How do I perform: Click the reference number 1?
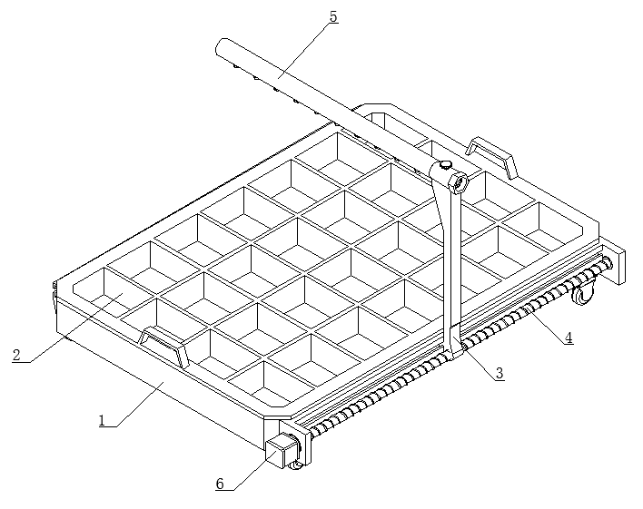(102, 420)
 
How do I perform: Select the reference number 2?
(16, 355)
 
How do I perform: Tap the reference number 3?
(500, 373)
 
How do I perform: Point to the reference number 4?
(569, 338)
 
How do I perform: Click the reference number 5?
(333, 16)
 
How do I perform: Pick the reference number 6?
(220, 484)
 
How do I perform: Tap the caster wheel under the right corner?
(583, 293)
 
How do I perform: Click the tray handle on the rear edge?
(491, 156)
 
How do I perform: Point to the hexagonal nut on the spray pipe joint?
(459, 182)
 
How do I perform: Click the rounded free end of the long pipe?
(222, 46)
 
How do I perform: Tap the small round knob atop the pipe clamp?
(444, 164)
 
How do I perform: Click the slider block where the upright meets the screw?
(455, 342)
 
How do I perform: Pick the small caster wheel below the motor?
(296, 465)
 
